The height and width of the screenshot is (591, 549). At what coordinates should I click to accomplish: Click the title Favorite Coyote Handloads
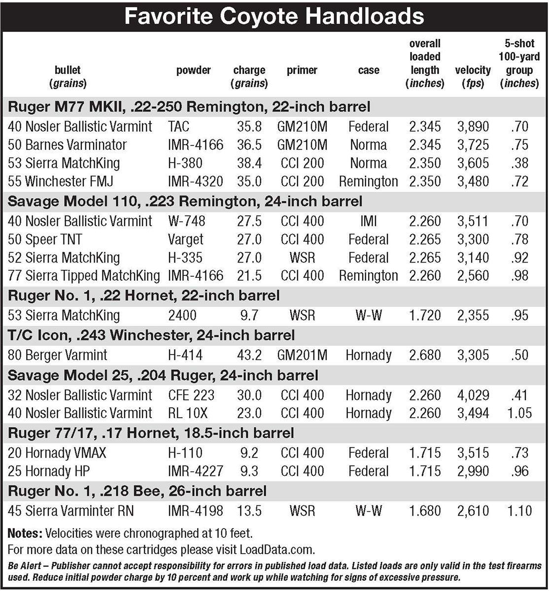(x=274, y=16)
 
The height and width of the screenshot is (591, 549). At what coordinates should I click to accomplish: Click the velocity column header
(x=473, y=76)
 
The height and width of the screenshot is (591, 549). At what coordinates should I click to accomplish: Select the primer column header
(x=302, y=70)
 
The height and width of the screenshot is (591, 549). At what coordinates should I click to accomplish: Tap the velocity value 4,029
(x=473, y=395)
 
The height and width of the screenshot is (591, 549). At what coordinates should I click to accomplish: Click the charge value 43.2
(x=249, y=355)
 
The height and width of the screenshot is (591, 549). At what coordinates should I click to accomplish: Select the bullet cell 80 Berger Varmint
(x=58, y=355)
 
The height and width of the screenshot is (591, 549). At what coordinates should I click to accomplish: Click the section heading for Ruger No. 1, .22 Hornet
(x=144, y=296)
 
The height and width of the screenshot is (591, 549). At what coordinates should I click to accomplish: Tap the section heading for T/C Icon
(x=151, y=336)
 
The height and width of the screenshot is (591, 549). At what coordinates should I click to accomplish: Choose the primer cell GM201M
(x=302, y=355)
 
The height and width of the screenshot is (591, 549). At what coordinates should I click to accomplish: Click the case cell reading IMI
(x=369, y=221)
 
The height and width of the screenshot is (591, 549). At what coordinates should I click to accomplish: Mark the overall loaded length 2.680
(x=424, y=355)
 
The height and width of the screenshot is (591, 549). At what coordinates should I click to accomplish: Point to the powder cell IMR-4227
(x=195, y=471)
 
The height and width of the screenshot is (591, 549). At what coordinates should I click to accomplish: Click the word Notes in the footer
(x=25, y=533)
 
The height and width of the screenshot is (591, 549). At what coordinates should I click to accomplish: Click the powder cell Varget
(x=185, y=240)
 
